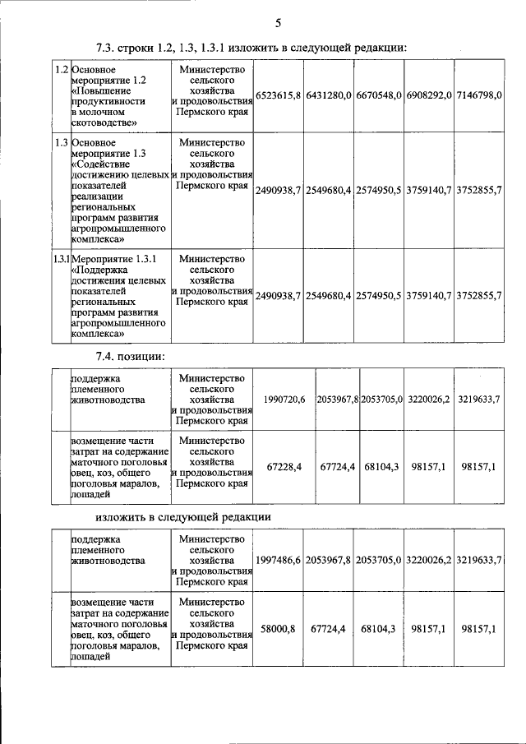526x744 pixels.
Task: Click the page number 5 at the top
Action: click(x=278, y=22)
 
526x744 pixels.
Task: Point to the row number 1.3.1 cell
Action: click(x=61, y=259)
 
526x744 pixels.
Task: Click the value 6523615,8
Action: click(x=279, y=96)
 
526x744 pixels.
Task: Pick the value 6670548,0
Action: click(x=378, y=96)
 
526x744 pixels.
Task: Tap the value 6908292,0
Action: click(x=428, y=96)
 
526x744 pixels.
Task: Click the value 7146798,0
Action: click(x=479, y=96)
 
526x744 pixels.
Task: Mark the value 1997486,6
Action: click(x=279, y=560)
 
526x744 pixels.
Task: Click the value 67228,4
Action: click(x=284, y=466)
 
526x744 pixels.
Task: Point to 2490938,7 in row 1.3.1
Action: click(x=279, y=295)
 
